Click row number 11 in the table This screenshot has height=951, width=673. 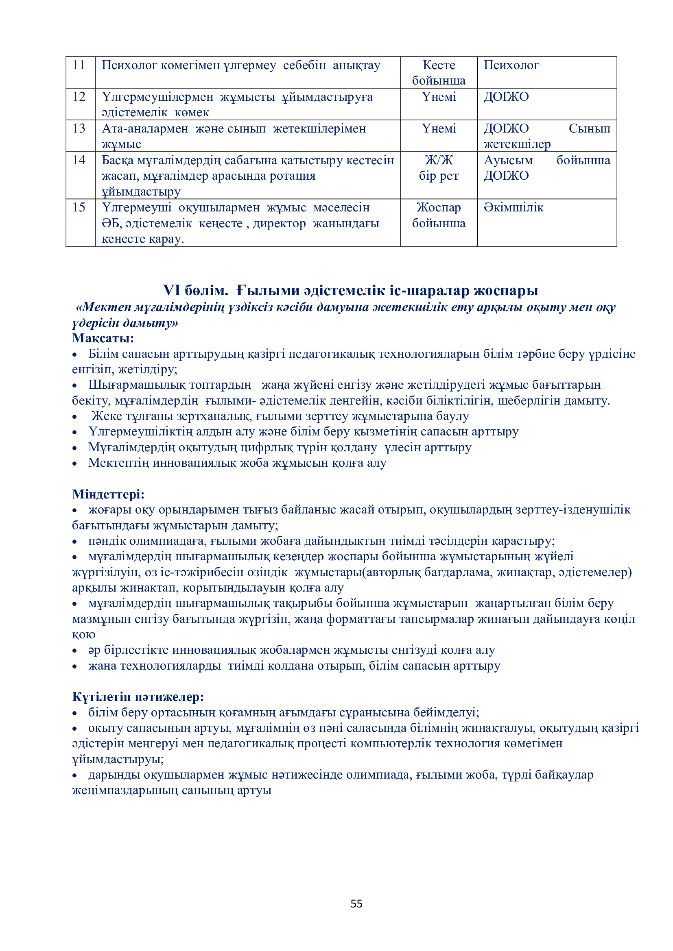click(x=79, y=65)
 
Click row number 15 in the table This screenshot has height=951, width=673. click(x=79, y=207)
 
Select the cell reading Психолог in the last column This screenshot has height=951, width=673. click(x=511, y=65)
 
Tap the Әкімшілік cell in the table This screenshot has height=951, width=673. click(x=513, y=207)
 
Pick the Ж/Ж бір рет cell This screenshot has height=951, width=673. click(x=439, y=168)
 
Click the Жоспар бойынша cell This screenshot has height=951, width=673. click(x=439, y=215)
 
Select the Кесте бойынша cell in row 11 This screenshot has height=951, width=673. click(x=439, y=72)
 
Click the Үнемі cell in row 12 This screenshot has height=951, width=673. click(x=439, y=97)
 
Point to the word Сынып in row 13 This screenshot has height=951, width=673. click(x=589, y=129)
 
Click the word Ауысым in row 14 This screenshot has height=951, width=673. click(x=508, y=160)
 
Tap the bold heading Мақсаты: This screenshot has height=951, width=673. click(x=103, y=338)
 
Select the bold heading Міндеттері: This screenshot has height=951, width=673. click(x=108, y=494)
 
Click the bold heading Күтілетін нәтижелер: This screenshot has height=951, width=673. click(x=138, y=697)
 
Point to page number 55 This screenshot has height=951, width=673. click(x=356, y=903)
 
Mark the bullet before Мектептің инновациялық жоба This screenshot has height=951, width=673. click(x=74, y=464)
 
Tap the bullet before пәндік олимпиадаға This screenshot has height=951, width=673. click(x=74, y=542)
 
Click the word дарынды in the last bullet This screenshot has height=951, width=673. click(x=109, y=775)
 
